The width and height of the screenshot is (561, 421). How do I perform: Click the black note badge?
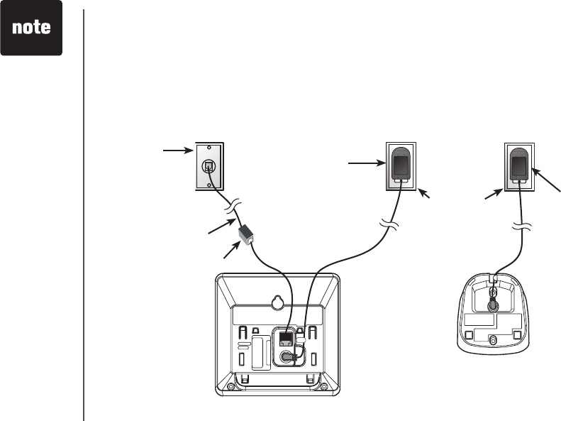point(31,28)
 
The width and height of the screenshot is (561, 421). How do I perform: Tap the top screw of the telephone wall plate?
point(208,150)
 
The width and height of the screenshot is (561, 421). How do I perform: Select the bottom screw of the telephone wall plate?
point(208,183)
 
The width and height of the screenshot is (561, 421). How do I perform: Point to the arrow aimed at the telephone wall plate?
point(177,150)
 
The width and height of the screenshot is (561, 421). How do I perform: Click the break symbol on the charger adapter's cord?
point(520,228)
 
